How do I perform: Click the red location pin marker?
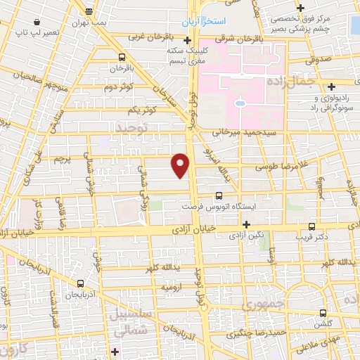pos(181,164)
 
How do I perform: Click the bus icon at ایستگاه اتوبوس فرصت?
pos(219,195)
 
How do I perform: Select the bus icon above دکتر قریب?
pos(312,226)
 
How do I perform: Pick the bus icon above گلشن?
pos(323,313)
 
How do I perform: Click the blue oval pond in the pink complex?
pos(240,103)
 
